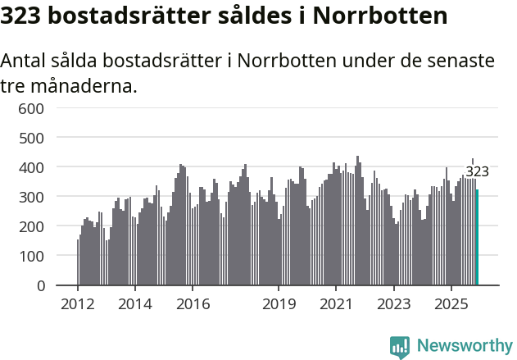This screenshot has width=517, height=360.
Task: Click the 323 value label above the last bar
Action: (x=477, y=171)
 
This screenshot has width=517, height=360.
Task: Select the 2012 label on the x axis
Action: (x=78, y=304)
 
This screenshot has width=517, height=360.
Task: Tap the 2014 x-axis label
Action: (x=135, y=304)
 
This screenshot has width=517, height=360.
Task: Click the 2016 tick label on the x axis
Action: (x=193, y=304)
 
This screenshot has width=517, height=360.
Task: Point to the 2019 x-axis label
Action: (x=279, y=304)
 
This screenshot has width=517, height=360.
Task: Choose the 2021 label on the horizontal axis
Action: (x=337, y=304)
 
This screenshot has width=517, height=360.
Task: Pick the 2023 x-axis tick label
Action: (x=394, y=304)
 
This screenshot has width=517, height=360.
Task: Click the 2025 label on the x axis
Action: (x=451, y=304)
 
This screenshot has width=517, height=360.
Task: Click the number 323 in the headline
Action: (x=25, y=16)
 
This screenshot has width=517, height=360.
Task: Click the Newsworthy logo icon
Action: (x=400, y=347)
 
